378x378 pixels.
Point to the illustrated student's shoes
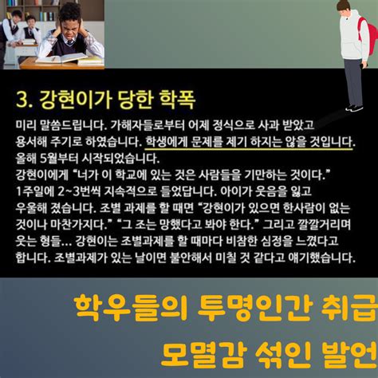click(354, 108)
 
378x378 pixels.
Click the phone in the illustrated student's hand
click(362, 65)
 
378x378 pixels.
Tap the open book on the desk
click(61, 57)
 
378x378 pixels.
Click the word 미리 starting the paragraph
click(26, 125)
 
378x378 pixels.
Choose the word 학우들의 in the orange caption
click(130, 308)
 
